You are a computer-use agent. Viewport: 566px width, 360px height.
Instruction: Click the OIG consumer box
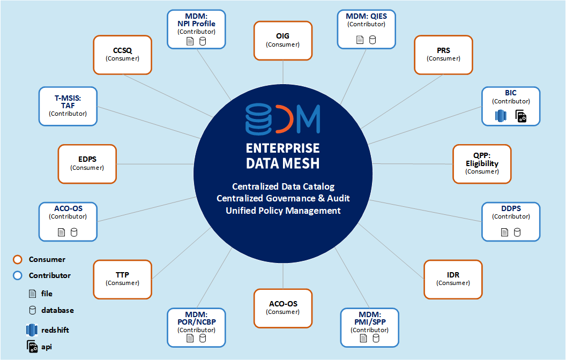pyautogui.click(x=282, y=40)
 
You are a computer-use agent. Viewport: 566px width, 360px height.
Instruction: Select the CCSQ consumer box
pyautogui.click(x=122, y=54)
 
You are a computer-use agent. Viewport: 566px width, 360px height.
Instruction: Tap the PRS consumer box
pyautogui.click(x=443, y=54)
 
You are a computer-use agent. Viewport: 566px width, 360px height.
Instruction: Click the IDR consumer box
pyautogui.click(x=453, y=279)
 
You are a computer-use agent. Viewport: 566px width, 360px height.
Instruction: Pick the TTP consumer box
pyautogui.click(x=122, y=279)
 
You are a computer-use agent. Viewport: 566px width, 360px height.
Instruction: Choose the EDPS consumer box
pyautogui.click(x=87, y=163)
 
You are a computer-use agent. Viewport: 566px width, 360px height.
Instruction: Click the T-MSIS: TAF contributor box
pyautogui.click(x=68, y=106)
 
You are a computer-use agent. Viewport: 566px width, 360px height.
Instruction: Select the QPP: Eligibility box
pyautogui.click(x=482, y=163)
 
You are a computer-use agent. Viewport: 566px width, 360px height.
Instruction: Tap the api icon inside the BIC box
pyautogui.click(x=520, y=116)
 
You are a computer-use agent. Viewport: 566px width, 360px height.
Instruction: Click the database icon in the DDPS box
pyautogui.click(x=517, y=232)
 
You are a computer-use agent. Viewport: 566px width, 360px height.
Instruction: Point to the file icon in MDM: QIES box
pyautogui.click(x=360, y=40)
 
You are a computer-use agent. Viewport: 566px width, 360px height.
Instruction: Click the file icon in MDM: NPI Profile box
pyautogui.click(x=190, y=41)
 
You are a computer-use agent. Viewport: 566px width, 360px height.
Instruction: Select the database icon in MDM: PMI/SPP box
pyautogui.click(x=376, y=338)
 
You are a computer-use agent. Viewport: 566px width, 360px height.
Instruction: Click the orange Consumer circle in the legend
pyautogui.click(x=18, y=260)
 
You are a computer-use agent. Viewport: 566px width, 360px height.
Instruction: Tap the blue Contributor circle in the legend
pyautogui.click(x=18, y=276)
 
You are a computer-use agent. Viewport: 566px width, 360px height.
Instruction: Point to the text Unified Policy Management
pyautogui.click(x=283, y=211)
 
